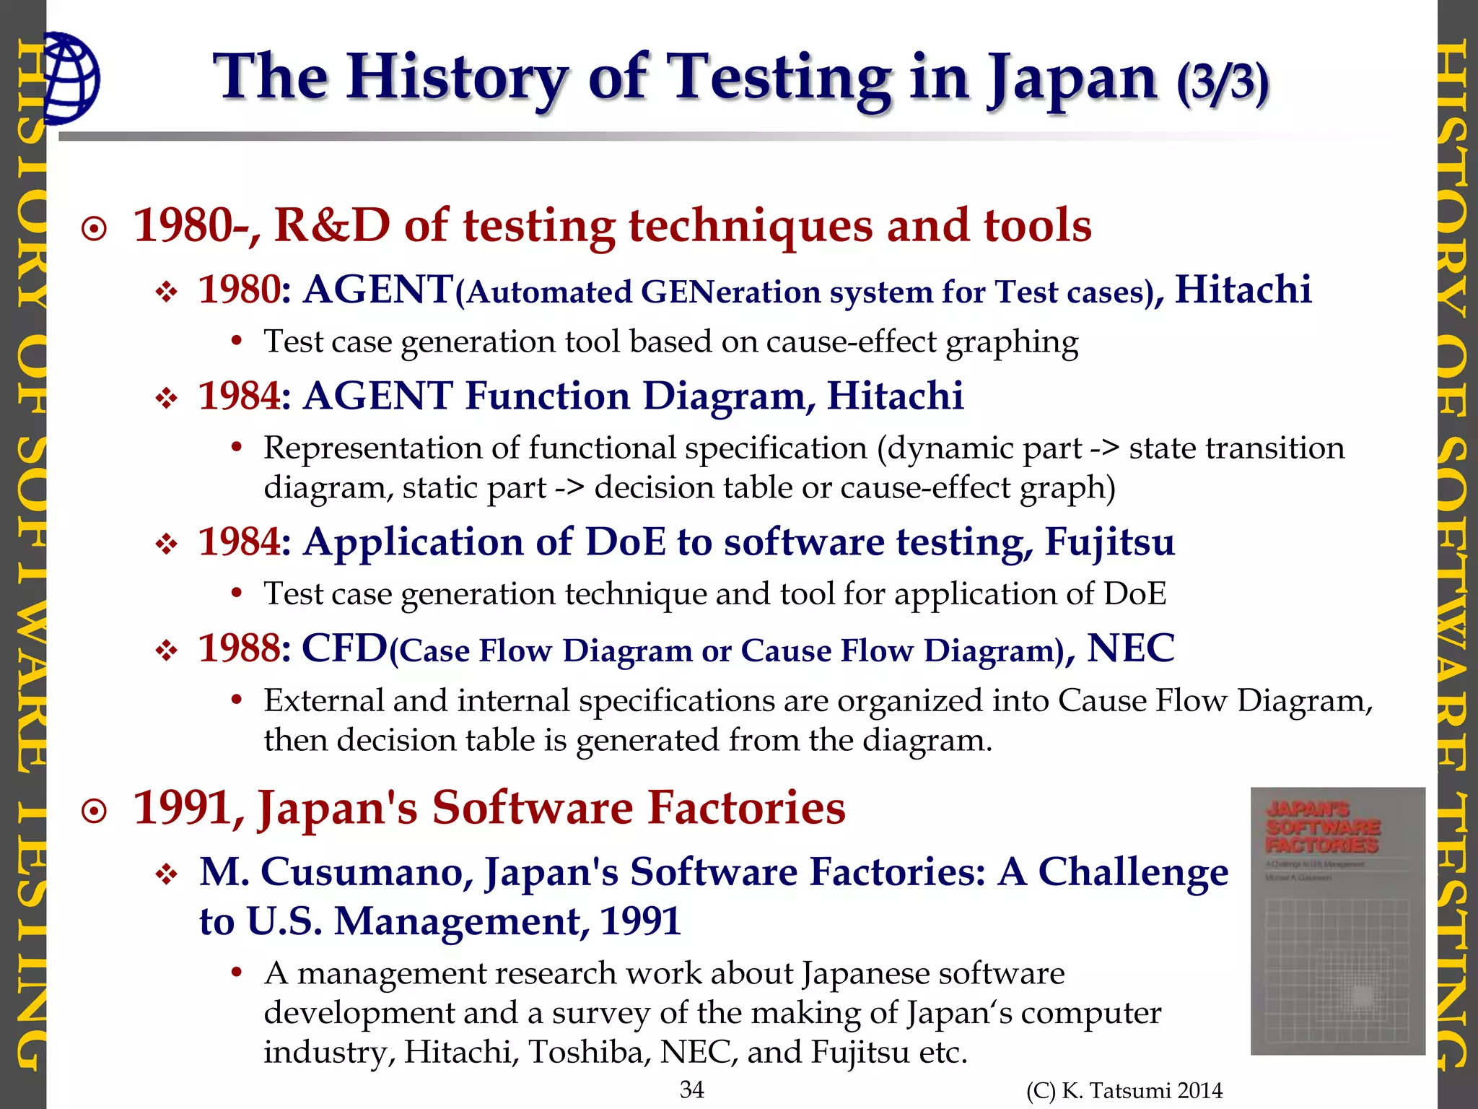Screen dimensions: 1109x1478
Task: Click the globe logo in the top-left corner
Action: pyautogui.click(x=71, y=78)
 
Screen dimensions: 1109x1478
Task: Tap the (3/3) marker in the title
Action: pyautogui.click(x=1222, y=82)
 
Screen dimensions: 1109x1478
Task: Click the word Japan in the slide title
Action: pyautogui.click(x=1072, y=79)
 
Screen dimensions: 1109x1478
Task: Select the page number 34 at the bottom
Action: pyautogui.click(x=692, y=1089)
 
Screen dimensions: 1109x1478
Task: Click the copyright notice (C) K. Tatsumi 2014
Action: pyautogui.click(x=1124, y=1090)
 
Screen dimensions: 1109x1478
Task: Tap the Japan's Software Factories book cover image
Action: pyautogui.click(x=1337, y=921)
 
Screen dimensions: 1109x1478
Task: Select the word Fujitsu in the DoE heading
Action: pyautogui.click(x=1109, y=542)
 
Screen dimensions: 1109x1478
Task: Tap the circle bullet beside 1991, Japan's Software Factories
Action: pyautogui.click(x=95, y=812)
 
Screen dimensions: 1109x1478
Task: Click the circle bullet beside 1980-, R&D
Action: pyautogui.click(x=95, y=230)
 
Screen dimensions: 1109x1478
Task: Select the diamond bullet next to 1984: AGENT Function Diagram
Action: pyautogui.click(x=167, y=399)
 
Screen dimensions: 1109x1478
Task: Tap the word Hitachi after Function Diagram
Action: pyautogui.click(x=895, y=396)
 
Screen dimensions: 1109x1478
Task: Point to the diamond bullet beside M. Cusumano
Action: pyautogui.click(x=167, y=876)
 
